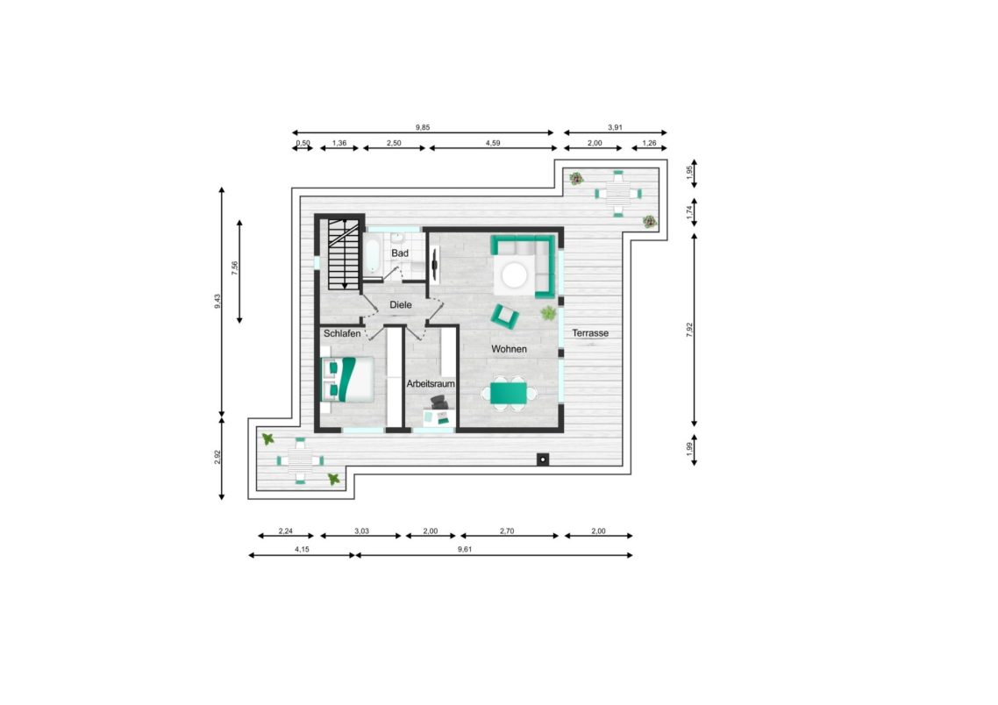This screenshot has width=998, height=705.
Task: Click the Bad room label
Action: (x=400, y=253)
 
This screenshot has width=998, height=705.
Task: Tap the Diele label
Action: (x=401, y=305)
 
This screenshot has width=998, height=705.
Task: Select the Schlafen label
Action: (x=342, y=333)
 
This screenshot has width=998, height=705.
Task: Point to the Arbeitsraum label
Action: (x=431, y=384)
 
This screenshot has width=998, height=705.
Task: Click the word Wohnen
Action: (x=510, y=349)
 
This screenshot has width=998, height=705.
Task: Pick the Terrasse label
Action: (x=590, y=333)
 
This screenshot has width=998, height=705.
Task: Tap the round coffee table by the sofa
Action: (x=514, y=275)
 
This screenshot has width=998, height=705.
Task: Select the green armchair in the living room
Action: (x=504, y=316)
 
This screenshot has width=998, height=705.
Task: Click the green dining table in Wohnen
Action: (x=509, y=393)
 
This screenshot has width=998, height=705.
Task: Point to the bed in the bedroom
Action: (x=347, y=379)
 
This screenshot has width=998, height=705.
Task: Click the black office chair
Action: (x=439, y=402)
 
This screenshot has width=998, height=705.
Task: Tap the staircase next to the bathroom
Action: (x=344, y=254)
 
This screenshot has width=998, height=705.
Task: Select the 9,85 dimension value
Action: (x=423, y=127)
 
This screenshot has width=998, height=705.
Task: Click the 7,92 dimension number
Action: (x=689, y=330)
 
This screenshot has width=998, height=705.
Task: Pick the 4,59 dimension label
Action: (x=493, y=143)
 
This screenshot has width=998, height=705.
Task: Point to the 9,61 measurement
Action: (x=465, y=549)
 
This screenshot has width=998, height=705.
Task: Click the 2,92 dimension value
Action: (x=217, y=458)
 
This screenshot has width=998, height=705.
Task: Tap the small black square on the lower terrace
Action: (x=542, y=459)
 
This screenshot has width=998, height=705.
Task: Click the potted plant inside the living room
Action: (x=548, y=313)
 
